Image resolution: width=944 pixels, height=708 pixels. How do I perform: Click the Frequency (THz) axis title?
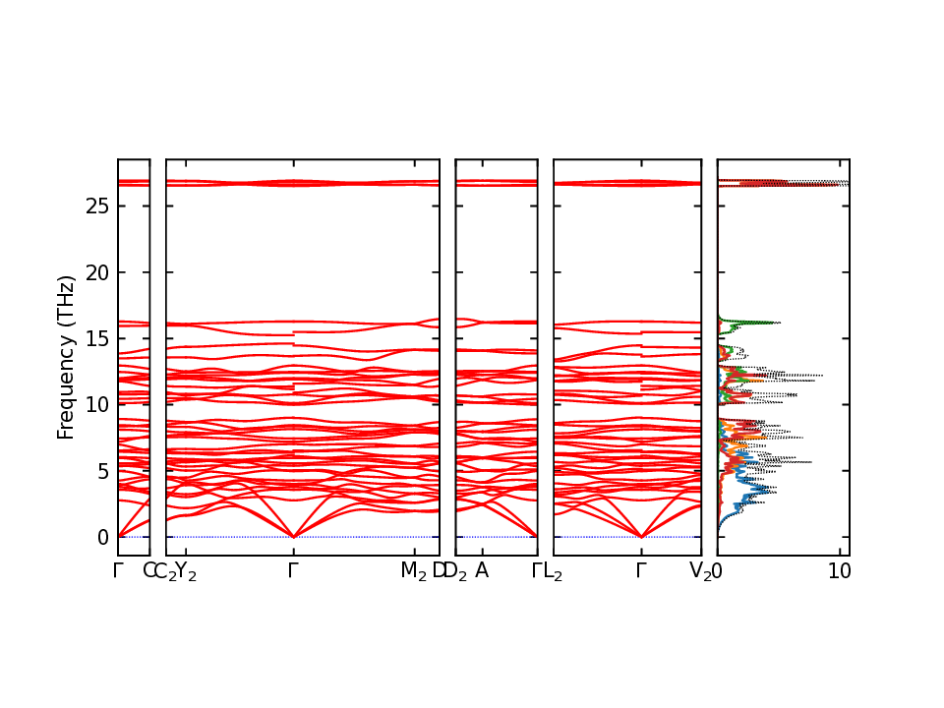point(66,357)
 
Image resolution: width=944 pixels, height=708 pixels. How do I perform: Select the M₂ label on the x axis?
point(413,572)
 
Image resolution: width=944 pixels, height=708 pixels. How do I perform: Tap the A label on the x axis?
point(482,571)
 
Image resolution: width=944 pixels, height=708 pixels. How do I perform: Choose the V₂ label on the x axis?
point(700,572)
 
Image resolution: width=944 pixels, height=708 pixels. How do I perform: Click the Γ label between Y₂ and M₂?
point(293,571)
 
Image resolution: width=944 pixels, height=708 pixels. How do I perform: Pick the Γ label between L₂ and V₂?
point(641,571)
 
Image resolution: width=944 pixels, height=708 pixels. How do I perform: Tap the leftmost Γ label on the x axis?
point(118,571)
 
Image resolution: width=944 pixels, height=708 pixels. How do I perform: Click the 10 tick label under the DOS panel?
point(839,571)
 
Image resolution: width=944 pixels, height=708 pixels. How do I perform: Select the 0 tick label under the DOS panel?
point(718,571)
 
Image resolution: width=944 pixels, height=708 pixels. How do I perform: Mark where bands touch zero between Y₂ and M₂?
point(293,537)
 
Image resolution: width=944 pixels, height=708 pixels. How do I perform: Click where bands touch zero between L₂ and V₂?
point(641,537)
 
